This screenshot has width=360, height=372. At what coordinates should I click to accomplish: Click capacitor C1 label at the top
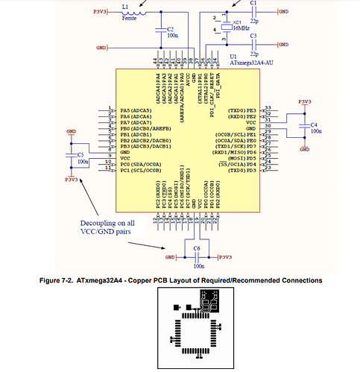254,4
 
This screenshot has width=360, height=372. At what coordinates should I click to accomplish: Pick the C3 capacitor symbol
253,44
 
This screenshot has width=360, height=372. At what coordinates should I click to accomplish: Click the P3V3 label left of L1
100,12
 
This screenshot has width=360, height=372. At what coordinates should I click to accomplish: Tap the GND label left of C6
170,256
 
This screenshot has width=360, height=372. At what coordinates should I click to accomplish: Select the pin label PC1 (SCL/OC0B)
133,171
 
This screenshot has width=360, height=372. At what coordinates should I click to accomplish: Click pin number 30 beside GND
268,129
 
